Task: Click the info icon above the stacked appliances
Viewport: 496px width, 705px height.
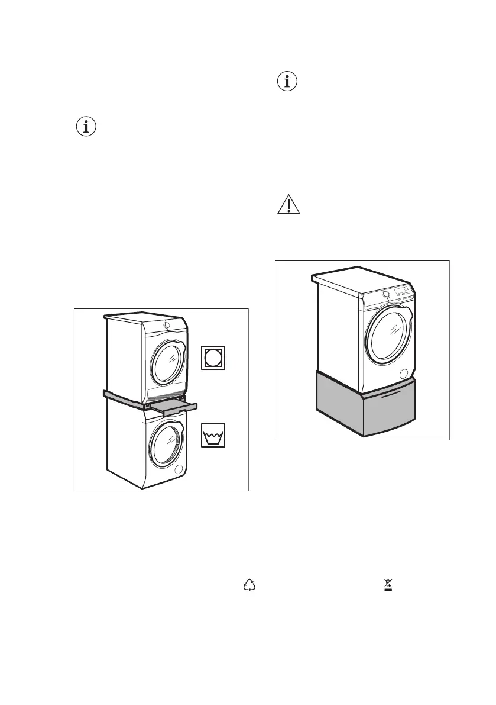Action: tap(87, 127)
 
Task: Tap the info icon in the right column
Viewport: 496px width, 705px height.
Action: tap(287, 82)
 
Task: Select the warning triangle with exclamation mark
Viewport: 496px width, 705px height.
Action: tap(288, 205)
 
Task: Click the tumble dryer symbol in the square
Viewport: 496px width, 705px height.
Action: tap(214, 358)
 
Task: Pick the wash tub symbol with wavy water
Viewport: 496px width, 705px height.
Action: tap(214, 436)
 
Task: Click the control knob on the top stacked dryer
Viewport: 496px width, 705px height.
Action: tap(167, 325)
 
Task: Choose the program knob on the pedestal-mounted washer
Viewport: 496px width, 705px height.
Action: tap(385, 293)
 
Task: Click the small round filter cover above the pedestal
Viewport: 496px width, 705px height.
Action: tap(404, 374)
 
